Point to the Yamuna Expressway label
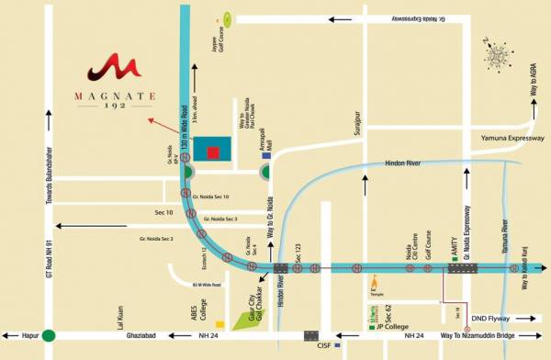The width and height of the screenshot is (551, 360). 507,139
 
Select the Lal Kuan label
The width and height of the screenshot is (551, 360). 118,314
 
